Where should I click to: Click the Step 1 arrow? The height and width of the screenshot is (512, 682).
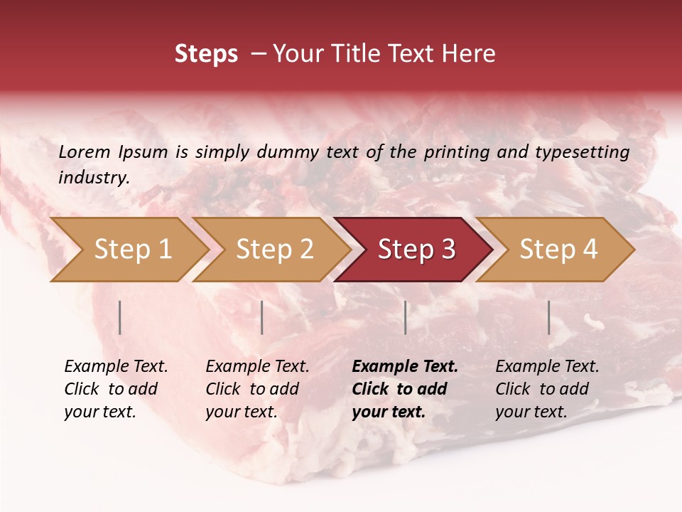click(x=131, y=250)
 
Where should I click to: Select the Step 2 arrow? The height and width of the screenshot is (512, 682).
click(x=274, y=250)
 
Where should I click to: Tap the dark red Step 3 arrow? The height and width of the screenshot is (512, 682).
click(x=416, y=250)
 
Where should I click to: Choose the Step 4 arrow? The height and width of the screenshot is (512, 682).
click(x=558, y=250)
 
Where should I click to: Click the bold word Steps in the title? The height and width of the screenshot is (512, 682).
click(x=206, y=54)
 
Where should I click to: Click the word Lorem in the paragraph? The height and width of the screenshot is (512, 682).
click(x=84, y=151)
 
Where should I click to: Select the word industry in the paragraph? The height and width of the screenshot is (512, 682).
click(x=93, y=178)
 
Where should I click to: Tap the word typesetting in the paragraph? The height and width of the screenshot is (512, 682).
click(x=582, y=151)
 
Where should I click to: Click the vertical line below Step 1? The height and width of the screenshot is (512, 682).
click(x=120, y=317)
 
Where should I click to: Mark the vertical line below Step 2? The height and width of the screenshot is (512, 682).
click(x=262, y=317)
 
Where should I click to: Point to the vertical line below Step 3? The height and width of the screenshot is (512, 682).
click(x=405, y=317)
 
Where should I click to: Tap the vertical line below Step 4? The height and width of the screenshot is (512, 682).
click(x=548, y=317)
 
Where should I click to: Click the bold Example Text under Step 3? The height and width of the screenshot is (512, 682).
click(x=405, y=367)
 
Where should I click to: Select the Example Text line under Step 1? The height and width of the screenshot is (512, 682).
click(x=116, y=367)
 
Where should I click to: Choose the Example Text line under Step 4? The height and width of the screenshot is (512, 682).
click(x=547, y=367)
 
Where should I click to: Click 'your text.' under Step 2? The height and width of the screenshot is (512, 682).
click(x=242, y=412)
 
